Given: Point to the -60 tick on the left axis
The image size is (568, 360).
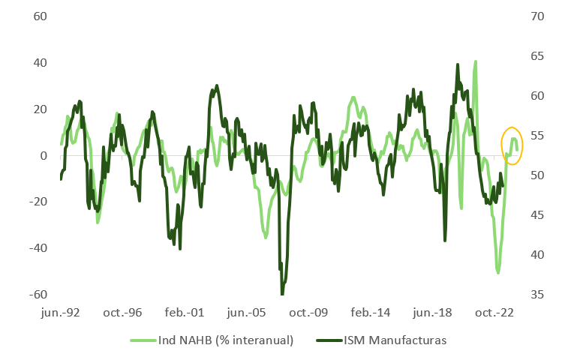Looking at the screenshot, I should click(x=36, y=295).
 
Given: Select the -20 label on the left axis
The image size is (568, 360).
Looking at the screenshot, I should click(x=36, y=202).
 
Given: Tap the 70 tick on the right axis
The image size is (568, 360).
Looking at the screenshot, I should click(x=537, y=16).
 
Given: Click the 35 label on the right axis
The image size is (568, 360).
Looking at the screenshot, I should click(x=537, y=295).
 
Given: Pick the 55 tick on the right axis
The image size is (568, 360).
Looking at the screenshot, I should click(x=537, y=136).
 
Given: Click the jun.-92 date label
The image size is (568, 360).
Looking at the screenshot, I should click(x=61, y=313).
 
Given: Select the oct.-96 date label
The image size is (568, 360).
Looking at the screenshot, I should click(x=123, y=313).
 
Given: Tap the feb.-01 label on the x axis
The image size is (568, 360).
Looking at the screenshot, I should click(x=186, y=313).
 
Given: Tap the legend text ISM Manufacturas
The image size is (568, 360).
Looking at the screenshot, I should click(x=395, y=340).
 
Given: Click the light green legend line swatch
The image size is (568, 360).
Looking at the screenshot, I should click(x=140, y=340).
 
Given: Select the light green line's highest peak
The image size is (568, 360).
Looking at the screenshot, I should click(x=475, y=62).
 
